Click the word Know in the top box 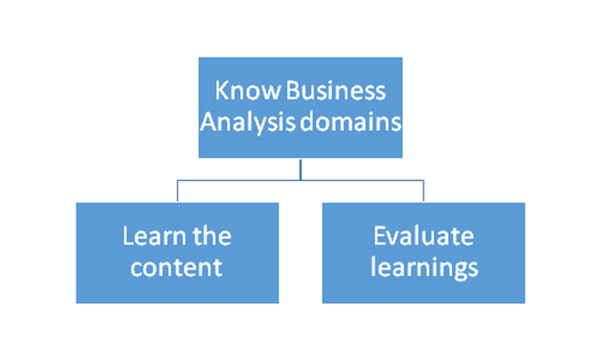pos(247,90)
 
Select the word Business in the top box pos(335,90)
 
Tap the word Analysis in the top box pos(247,123)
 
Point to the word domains pos(350,122)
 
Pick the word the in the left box pos(212,236)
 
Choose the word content pos(177,267)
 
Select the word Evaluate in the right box pos(423,236)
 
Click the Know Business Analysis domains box pos(300,107)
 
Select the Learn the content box pos(177,253)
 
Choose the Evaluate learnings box pos(423,253)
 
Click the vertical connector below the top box pos(300,169)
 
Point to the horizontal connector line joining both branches pos(300,180)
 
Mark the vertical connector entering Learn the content pos(178,191)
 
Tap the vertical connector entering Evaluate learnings pos(423,191)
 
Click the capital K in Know pos(222,90)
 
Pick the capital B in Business pos(292,90)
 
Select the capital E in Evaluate pos(379,236)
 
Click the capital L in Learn pos(128,236)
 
